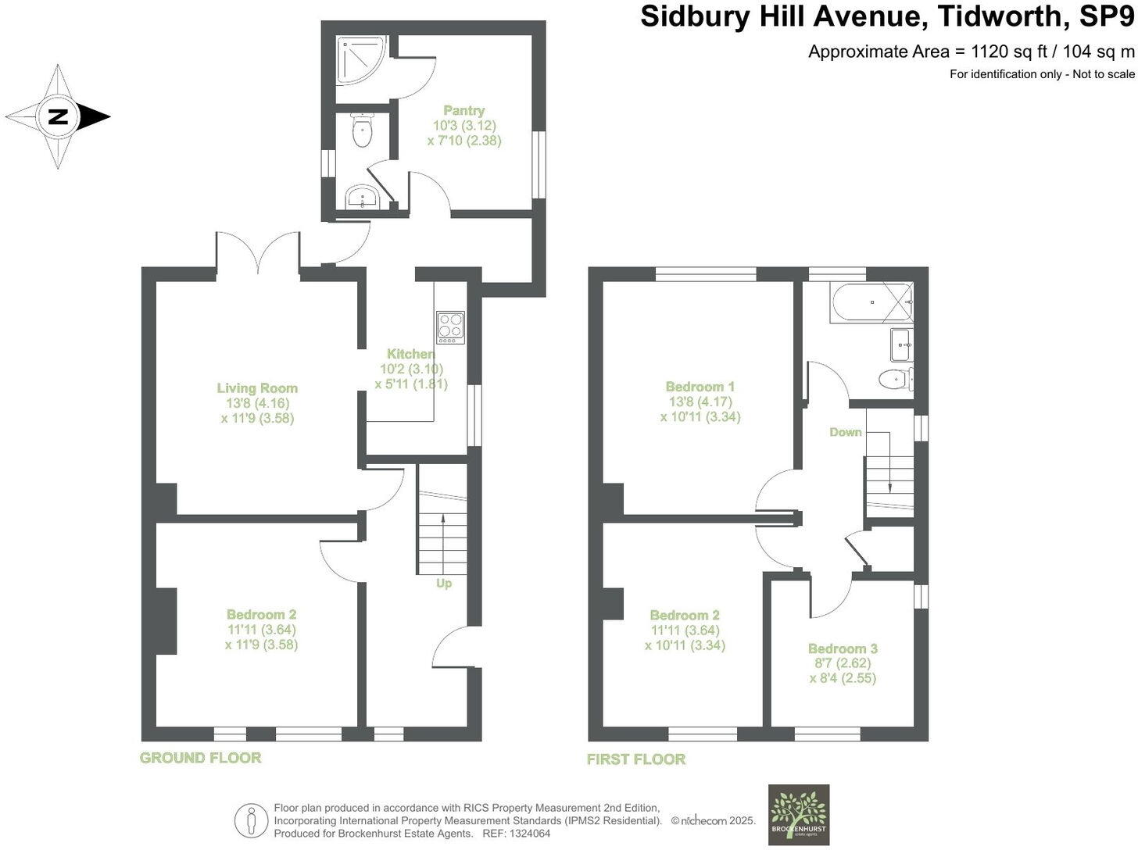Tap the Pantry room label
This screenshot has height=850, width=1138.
point(464,111)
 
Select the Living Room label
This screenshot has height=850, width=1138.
point(257,388)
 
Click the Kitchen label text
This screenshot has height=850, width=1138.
point(410,354)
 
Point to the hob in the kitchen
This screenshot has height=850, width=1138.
point(451,327)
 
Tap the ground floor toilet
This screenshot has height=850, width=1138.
point(361,131)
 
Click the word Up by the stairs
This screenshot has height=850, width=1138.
point(444,583)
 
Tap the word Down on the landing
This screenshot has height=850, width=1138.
point(846,432)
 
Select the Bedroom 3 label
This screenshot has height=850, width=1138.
point(843,648)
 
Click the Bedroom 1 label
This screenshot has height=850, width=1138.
point(700,387)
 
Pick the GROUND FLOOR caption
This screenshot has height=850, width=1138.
point(200,758)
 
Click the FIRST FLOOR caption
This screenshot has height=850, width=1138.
point(636,759)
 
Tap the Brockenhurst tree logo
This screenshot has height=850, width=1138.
point(798,814)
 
